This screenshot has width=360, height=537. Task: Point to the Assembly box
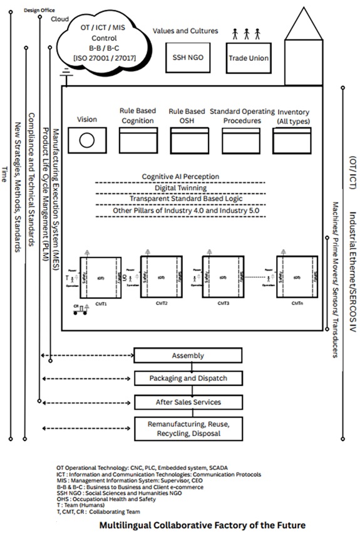(x=188, y=355)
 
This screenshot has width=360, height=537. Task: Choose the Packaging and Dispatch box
(x=188, y=378)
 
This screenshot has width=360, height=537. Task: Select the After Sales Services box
(x=188, y=402)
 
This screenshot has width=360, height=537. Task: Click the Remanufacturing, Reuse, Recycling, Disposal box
(x=188, y=428)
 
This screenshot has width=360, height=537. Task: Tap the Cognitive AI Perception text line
(x=180, y=177)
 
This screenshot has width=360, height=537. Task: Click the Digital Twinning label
(x=180, y=188)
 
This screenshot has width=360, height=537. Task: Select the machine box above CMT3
(x=222, y=276)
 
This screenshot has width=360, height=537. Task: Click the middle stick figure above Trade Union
(x=247, y=33)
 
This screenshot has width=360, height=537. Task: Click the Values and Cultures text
(x=185, y=30)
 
